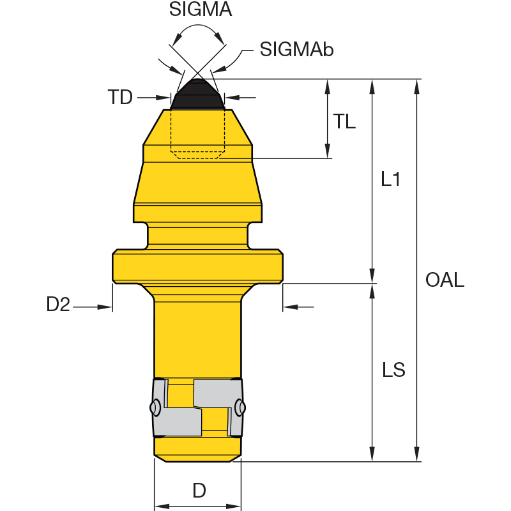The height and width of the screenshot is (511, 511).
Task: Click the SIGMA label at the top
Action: (201, 9)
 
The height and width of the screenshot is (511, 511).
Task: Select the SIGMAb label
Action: (296, 50)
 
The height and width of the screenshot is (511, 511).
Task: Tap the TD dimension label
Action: (120, 97)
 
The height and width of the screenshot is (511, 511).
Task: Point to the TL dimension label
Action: (344, 121)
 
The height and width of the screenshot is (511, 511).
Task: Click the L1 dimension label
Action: (390, 179)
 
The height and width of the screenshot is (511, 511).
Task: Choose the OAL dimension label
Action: (445, 280)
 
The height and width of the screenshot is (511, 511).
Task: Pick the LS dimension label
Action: (393, 370)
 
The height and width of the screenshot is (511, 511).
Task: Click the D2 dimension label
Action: (58, 304)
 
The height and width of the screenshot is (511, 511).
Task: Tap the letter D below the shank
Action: (199, 491)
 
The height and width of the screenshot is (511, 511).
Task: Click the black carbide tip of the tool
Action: (197, 95)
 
